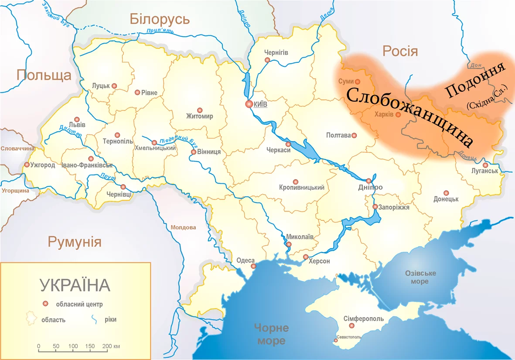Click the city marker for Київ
pyautogui.click(x=249, y=104)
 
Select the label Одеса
pyautogui.click(x=245, y=261)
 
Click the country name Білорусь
pyautogui.click(x=160, y=19)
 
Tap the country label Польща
pyautogui.click(x=44, y=75)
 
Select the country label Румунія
pyautogui.click(x=75, y=242)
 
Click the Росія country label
pyautogui.click(x=400, y=51)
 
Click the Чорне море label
pyautogui.click(x=271, y=334)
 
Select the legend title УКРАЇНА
pyautogui.click(x=75, y=285)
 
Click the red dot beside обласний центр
pyautogui.click(x=44, y=304)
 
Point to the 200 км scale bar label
pyautogui.click(x=111, y=346)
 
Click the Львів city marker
pyautogui.click(x=77, y=119)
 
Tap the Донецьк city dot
pyautogui.click(x=446, y=193)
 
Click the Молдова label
pyautogui.click(x=183, y=227)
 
